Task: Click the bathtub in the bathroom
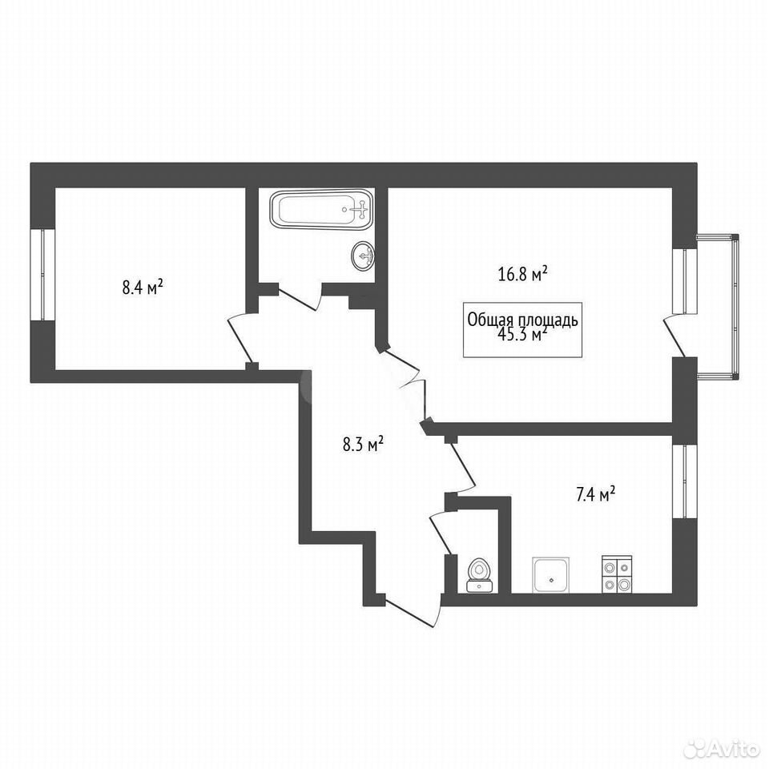[321, 209]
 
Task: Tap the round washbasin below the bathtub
[364, 255]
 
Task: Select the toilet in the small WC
[479, 575]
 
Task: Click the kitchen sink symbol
[551, 574]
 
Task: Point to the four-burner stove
[617, 574]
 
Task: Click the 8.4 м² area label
[143, 287]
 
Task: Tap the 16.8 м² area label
[523, 274]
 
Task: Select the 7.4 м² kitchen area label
[596, 494]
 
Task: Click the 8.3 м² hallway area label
[363, 445]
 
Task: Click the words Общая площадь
[523, 320]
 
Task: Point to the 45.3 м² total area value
[523, 335]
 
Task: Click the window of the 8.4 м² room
[42, 275]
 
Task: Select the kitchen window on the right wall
[685, 481]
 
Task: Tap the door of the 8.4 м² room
[240, 336]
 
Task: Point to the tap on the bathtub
[361, 209]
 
